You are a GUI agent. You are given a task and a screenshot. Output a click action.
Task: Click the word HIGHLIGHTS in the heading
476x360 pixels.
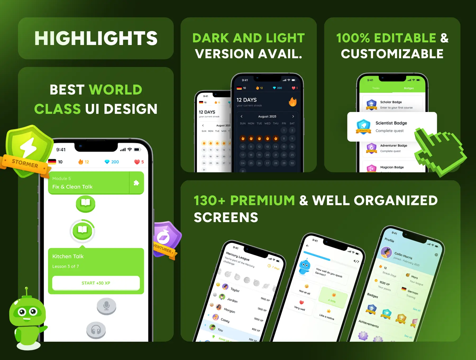[x=96, y=38]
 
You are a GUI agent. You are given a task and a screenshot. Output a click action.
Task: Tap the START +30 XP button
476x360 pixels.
[x=96, y=283]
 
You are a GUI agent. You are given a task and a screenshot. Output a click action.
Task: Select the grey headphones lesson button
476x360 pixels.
[x=96, y=330]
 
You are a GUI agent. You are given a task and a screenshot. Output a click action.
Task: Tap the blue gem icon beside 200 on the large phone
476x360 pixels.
[x=107, y=162]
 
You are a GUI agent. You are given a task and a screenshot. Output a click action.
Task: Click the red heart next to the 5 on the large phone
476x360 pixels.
[x=137, y=162]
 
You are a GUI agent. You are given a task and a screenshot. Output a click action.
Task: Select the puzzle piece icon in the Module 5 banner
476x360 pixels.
[x=136, y=183]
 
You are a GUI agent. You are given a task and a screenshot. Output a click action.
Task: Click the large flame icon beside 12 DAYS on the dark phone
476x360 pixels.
[x=292, y=102]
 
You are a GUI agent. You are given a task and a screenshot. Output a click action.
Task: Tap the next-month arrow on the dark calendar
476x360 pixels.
[x=293, y=116]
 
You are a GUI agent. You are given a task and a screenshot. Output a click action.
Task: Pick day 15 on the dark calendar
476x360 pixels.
[x=284, y=147]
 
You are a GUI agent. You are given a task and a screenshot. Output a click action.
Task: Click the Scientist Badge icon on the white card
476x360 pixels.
[x=363, y=127]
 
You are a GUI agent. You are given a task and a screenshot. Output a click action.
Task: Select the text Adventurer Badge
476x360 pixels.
[x=393, y=146]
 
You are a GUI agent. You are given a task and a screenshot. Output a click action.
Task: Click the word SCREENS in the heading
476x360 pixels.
[x=226, y=218]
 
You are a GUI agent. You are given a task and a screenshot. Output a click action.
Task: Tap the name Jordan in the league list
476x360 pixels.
[x=232, y=300]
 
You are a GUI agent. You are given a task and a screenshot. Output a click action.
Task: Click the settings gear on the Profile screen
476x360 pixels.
[x=436, y=255]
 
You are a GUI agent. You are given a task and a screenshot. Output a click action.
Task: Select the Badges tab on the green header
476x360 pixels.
[x=409, y=88]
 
